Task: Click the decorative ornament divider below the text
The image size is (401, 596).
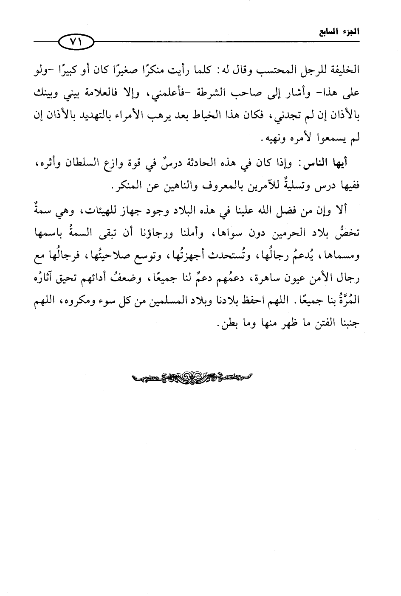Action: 191,376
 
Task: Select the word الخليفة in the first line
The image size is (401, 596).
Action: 345,70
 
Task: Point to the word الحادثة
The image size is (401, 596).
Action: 197,163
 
